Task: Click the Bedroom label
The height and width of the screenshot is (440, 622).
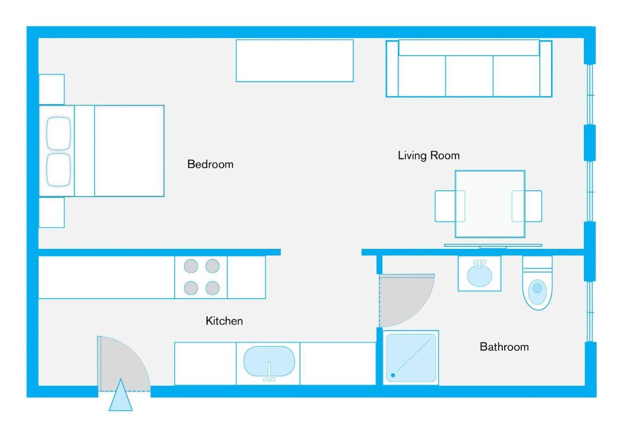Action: (x=210, y=164)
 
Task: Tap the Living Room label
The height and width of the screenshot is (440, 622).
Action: (x=429, y=155)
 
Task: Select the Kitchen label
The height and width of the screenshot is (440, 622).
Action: (x=224, y=321)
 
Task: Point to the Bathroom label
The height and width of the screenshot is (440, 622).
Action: (x=504, y=347)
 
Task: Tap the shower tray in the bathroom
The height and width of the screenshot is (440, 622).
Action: (x=411, y=357)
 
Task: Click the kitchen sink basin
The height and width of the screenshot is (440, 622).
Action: (x=269, y=361)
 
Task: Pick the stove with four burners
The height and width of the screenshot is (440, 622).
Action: (x=201, y=277)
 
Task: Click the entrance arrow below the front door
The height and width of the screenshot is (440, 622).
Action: (x=121, y=395)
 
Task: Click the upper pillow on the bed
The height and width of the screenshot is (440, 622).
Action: (x=58, y=133)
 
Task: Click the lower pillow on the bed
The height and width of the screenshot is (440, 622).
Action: (x=58, y=170)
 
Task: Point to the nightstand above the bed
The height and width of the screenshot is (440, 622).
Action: (x=52, y=89)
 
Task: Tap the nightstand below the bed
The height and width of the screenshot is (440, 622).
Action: (x=52, y=212)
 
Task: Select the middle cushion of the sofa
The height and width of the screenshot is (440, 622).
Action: (x=469, y=76)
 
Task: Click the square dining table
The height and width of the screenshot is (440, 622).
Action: (x=490, y=204)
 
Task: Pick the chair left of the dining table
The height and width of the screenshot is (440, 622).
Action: (x=445, y=206)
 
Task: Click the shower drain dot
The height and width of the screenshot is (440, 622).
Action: (x=393, y=375)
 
